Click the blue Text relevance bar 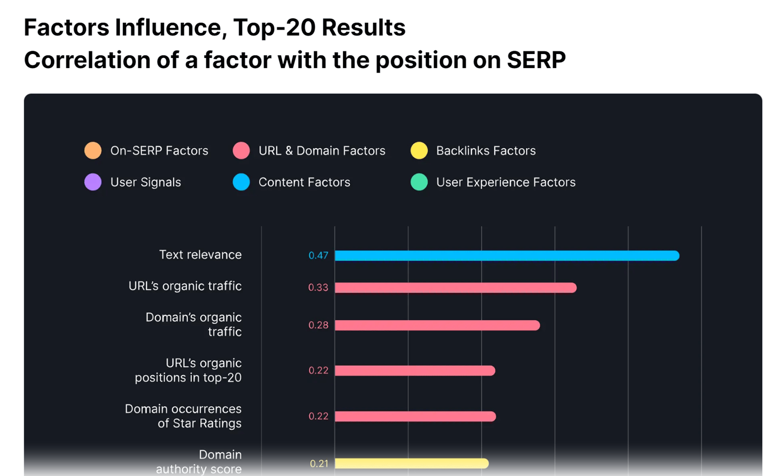pos(507,256)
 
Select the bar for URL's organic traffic pos(455,288)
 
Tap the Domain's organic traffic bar pos(437,326)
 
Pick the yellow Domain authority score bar pos(411,463)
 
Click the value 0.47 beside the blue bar pos(319,256)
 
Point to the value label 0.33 pos(319,288)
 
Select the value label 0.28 pos(319,326)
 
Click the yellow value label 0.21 pos(319,464)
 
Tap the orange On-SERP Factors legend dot pos(93,150)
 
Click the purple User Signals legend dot pos(93,182)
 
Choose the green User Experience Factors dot pos(419,182)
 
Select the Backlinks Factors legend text pos(486,150)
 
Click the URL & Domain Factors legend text pos(322,150)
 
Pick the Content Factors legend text pos(305,182)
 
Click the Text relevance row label pos(200,255)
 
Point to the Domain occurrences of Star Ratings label pos(183,416)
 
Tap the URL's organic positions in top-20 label pos(188,370)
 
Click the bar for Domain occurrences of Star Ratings pos(415,416)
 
